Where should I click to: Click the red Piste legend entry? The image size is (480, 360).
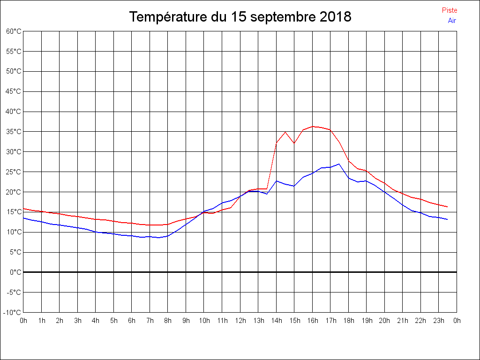(449, 10)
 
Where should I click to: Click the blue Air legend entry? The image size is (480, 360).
(452, 20)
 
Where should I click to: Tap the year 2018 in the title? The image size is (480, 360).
(335, 17)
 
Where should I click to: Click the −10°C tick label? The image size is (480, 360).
(13, 312)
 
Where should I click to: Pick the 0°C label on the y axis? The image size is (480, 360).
(15, 272)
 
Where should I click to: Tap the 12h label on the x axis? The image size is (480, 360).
(240, 321)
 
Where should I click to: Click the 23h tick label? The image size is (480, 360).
(439, 321)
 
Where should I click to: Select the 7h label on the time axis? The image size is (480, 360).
(150, 321)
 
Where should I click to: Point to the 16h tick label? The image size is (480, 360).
(313, 321)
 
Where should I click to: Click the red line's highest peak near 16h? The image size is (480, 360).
(313, 126)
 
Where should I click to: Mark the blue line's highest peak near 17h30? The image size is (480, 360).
(339, 164)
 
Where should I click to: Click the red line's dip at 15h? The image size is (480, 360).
(294, 143)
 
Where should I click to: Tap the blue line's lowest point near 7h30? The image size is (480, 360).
(159, 238)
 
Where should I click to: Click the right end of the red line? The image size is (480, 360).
(447, 207)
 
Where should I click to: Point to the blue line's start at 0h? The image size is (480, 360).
(24, 218)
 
